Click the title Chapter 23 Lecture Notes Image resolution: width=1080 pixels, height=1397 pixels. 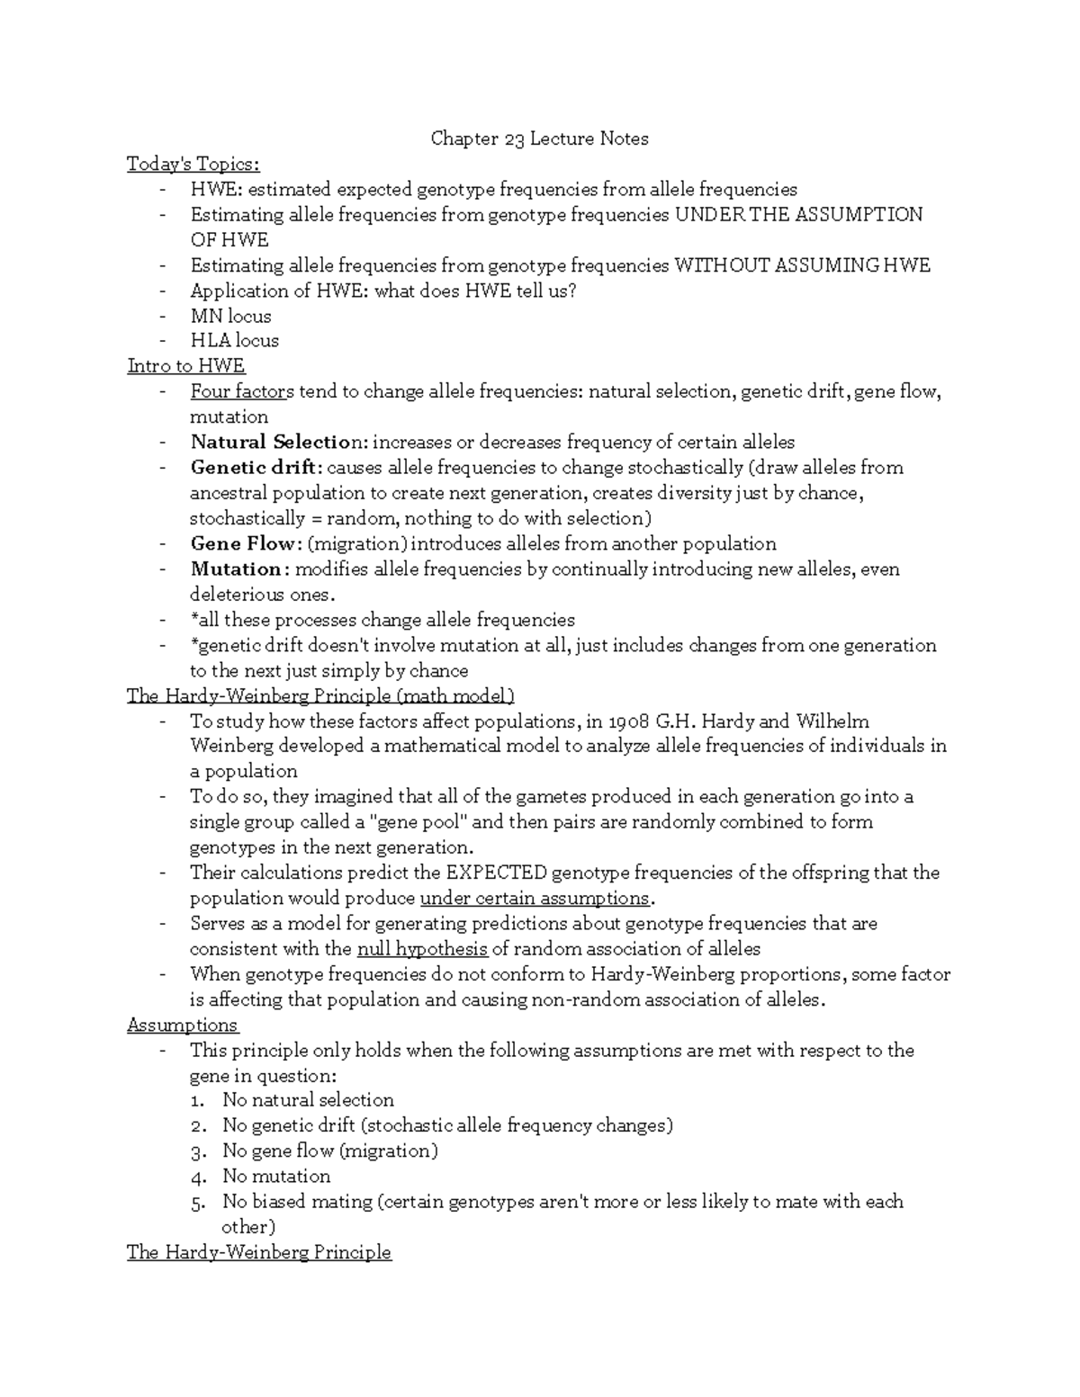539,139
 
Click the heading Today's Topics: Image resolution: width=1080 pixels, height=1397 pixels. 193,164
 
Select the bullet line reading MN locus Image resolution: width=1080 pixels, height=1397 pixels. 230,316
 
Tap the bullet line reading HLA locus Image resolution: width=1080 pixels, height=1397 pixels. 234,341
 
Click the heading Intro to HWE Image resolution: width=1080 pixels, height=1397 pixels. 186,366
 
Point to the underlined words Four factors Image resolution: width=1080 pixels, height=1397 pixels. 242,391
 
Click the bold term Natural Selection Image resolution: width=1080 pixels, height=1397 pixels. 278,442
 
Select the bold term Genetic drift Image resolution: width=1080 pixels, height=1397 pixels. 255,468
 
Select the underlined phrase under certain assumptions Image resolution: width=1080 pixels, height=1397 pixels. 535,899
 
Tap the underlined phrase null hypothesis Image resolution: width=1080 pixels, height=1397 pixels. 422,949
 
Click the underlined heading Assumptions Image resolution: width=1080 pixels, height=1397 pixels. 183,1025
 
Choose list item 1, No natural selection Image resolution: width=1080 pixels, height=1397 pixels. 308,1100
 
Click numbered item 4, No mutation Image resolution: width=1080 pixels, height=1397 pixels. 276,1177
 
